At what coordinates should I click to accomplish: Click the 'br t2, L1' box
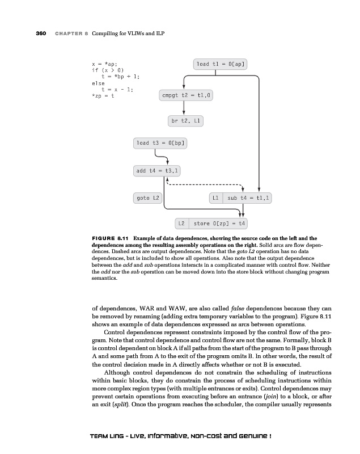[x=187, y=121]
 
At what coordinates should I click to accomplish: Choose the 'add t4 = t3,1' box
[x=157, y=170]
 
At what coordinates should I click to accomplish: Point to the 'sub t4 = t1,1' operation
[x=249, y=198]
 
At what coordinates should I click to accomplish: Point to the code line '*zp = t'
[x=103, y=95]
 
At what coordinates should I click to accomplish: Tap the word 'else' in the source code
[x=98, y=83]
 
